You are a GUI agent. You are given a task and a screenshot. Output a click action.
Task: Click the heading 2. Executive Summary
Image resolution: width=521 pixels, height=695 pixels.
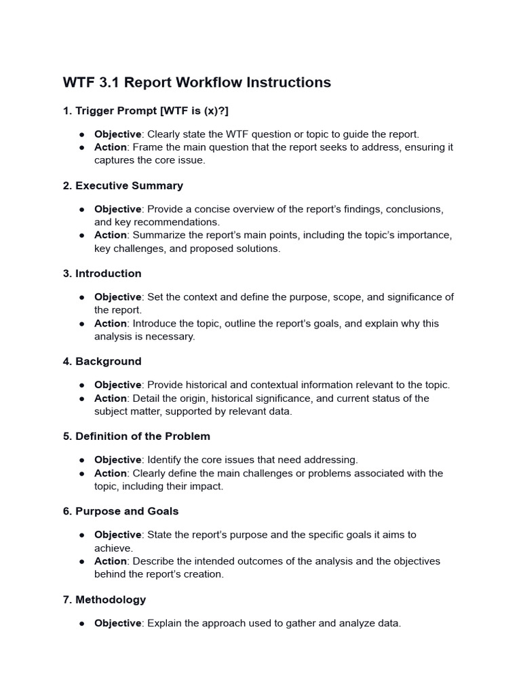[123, 185]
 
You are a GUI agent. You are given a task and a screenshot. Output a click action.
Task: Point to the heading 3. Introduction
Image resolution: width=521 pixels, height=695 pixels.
[102, 274]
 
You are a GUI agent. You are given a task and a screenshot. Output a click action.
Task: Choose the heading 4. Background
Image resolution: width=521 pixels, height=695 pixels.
[102, 362]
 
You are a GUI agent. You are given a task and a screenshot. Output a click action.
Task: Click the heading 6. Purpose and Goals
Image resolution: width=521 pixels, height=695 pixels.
[120, 511]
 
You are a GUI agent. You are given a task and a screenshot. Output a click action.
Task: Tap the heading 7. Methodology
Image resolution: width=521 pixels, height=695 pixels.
[104, 600]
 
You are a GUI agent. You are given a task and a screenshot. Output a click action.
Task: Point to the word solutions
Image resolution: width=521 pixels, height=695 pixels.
[258, 248]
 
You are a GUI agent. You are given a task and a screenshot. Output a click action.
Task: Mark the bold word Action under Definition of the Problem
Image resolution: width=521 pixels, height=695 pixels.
[110, 473]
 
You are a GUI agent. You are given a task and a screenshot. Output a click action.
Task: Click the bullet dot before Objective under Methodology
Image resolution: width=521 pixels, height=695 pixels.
[81, 624]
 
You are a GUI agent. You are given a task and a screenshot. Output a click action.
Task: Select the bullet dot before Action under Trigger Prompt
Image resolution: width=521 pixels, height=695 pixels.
[81, 147]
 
